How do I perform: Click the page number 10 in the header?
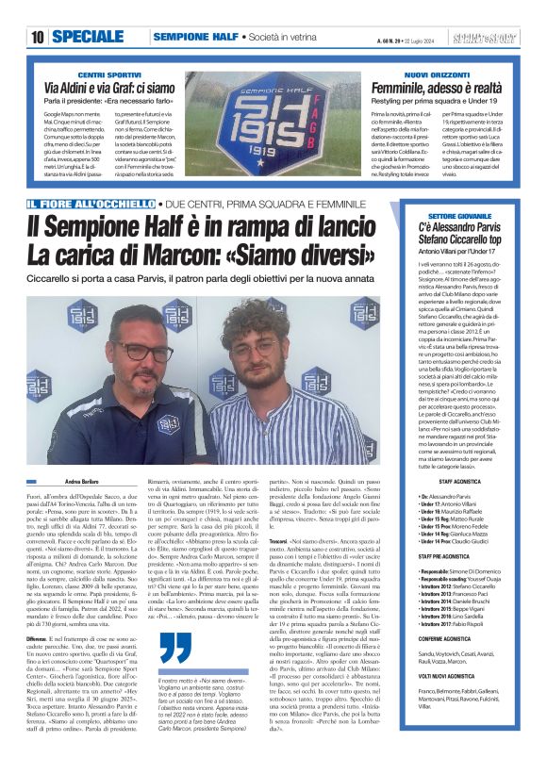point(37,37)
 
